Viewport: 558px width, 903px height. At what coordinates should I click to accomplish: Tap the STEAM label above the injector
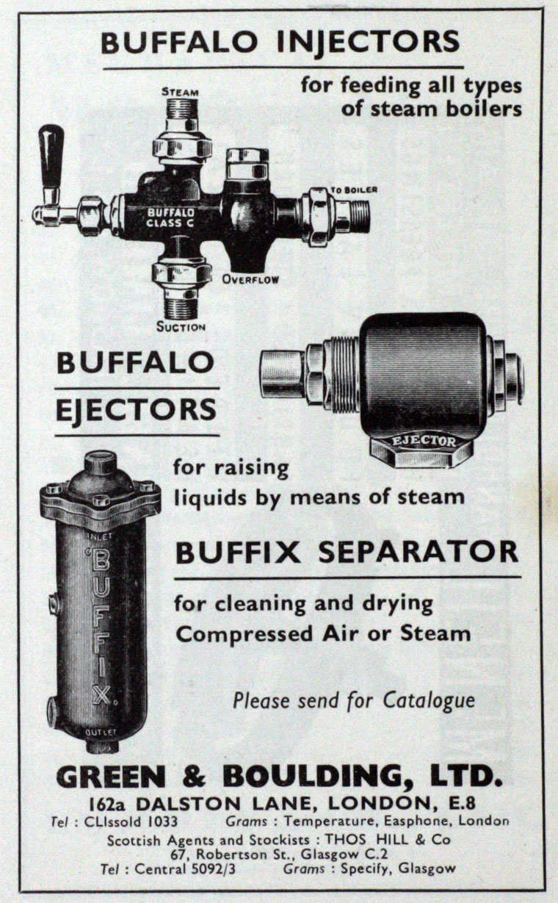pos(180,92)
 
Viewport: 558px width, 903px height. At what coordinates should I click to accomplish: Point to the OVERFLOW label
pos(250,279)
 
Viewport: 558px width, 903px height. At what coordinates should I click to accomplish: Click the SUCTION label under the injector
pos(181,326)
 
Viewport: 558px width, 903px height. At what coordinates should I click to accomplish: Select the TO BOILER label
pos(354,190)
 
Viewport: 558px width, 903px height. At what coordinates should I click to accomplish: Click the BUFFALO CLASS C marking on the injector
pos(170,217)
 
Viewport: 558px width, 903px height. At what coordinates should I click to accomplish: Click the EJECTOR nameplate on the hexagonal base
pos(423,440)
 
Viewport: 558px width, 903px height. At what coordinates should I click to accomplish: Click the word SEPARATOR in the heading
pos(418,552)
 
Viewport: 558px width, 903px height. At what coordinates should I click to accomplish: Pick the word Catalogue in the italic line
pos(429,701)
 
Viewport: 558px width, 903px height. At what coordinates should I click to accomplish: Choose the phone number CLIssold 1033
pos(131,821)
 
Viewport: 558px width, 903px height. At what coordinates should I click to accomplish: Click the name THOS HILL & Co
pos(387,840)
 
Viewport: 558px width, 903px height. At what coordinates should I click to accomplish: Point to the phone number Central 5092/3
pos(185,868)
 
